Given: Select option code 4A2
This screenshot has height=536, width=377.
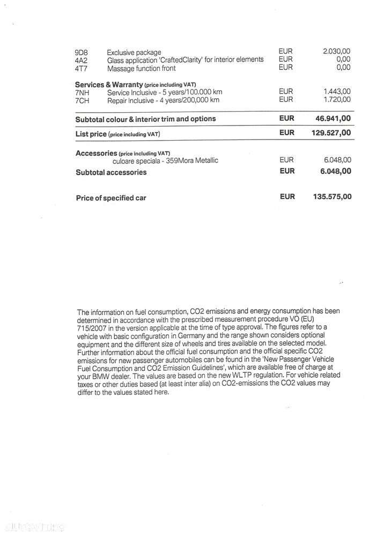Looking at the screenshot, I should (81, 61).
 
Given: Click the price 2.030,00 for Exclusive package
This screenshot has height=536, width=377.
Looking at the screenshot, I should (336, 52).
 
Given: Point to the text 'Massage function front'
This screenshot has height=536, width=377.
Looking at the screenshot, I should (141, 69).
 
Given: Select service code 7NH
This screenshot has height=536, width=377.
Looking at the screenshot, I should (82, 93).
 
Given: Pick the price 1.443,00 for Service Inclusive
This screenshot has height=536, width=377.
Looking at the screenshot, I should (337, 92).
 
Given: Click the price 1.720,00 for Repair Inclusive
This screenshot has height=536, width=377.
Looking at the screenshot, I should (337, 100).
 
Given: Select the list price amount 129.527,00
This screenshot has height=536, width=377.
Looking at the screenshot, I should (331, 133).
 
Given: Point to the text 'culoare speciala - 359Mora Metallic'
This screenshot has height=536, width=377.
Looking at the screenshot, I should (165, 161).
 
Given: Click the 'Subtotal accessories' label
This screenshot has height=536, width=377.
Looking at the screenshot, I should (111, 172).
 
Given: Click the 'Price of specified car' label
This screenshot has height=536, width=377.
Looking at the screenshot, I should (111, 198).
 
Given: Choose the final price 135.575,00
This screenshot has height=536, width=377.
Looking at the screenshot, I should (332, 197).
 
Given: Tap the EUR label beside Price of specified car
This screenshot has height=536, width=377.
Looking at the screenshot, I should (287, 197).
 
